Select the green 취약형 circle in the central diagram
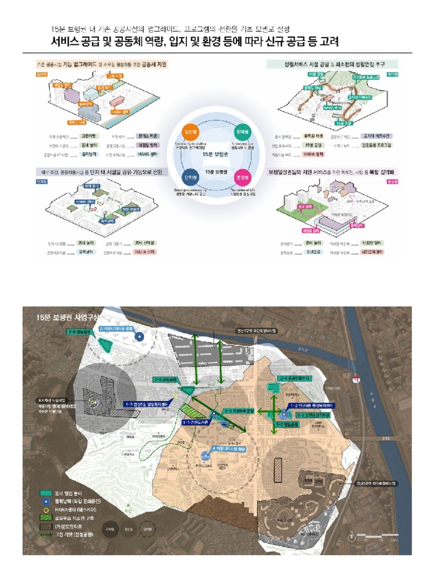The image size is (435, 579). (242, 132)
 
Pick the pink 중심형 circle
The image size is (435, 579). (242, 177)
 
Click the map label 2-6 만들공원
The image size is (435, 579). (80, 331)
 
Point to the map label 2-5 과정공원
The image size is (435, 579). (166, 380)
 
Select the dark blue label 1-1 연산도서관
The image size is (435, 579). (195, 422)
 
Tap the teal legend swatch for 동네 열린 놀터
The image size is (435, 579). (46, 493)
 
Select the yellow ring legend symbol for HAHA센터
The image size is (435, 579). (46, 509)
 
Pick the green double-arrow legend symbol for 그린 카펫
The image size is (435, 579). (46, 535)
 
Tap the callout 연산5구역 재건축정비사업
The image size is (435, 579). (376, 483)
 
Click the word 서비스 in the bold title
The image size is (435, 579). (65, 41)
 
